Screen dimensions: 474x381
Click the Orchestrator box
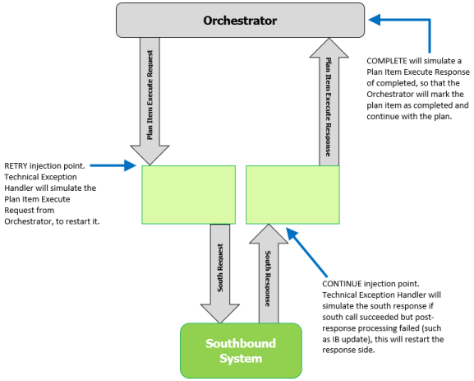pos(241,21)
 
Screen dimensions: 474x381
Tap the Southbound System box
pos(241,351)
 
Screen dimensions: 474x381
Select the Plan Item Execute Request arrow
pos(150,101)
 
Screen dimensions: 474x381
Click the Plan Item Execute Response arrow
pos(329,102)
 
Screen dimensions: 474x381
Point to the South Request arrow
pos(220,273)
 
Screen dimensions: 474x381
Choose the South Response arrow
pos(269,273)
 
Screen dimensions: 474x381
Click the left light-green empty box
pos(189,195)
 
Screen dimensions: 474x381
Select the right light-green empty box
pos(292,195)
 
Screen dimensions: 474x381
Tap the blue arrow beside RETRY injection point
pos(113,165)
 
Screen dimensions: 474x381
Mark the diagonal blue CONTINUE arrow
pos(306,253)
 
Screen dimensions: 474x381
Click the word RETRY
pos(16,166)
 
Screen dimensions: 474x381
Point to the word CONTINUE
pos(342,284)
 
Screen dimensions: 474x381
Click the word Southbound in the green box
pos(241,343)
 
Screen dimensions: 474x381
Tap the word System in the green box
pos(241,359)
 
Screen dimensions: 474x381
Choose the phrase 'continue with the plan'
pos(409,117)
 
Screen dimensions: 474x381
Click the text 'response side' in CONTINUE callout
pos(348,351)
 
